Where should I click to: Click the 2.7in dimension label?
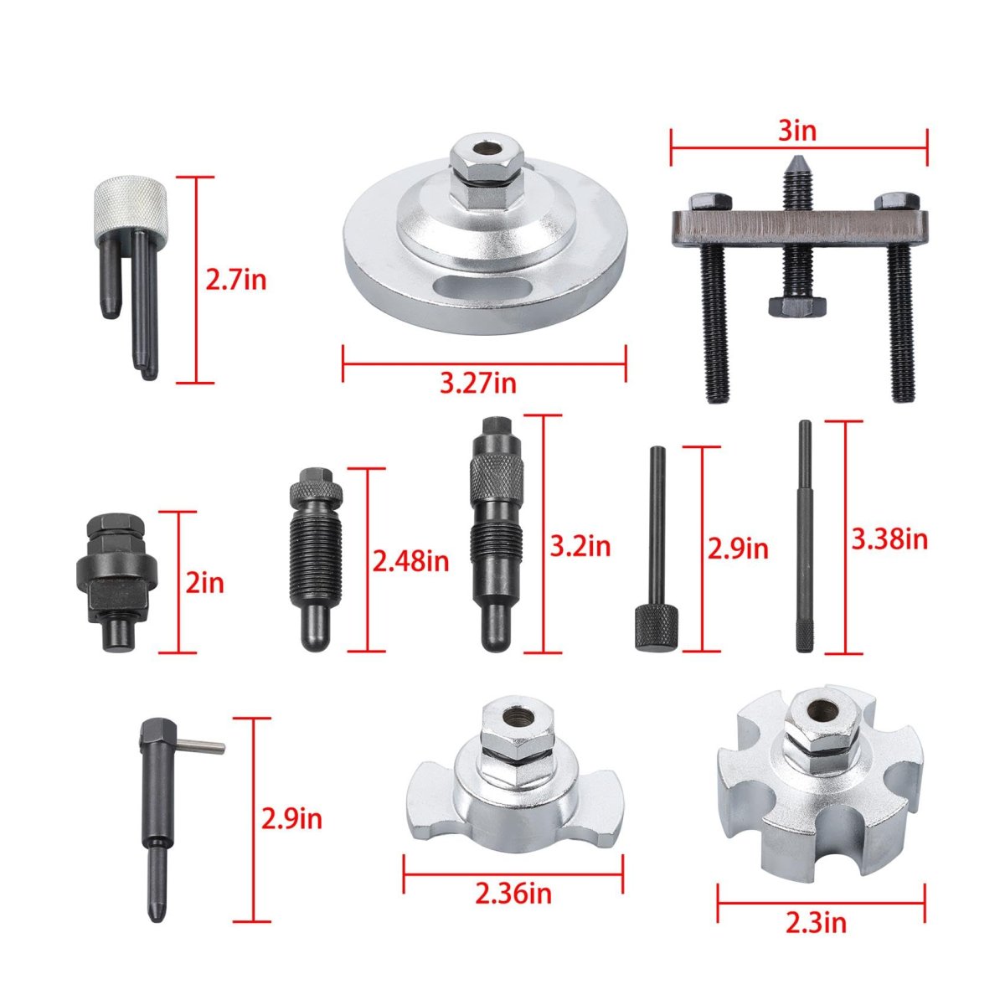[235, 281]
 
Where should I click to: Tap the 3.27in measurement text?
[477, 384]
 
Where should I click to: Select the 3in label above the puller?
[797, 131]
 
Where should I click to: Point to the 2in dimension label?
[205, 583]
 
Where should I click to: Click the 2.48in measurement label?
[410, 562]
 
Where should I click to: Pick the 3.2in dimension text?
[580, 547]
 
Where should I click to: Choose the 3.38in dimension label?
[889, 539]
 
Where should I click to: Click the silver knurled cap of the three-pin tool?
[131, 211]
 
